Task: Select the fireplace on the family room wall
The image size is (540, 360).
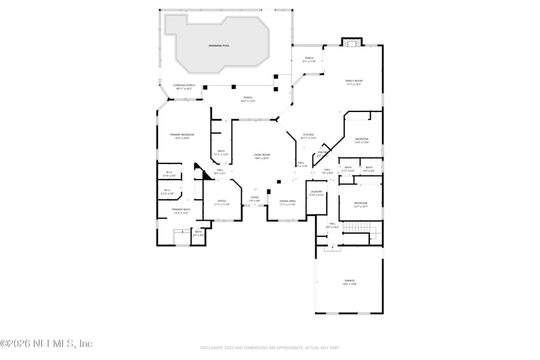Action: pos(350,44)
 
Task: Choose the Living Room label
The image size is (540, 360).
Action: pos(261,157)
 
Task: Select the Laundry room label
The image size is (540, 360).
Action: pos(317,192)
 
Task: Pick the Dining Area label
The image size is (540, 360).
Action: pos(288,202)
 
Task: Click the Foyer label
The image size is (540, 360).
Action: pos(254,199)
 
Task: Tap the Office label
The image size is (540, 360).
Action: pos(221,202)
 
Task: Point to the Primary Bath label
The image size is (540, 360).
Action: pos(182,211)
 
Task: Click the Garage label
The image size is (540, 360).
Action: pos(350,282)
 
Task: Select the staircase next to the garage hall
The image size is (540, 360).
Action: pos(359,234)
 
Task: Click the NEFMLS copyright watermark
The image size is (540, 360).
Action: pos(46,344)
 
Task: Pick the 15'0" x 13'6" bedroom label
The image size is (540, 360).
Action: pos(362,140)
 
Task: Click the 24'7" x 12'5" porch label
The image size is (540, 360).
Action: pos(248,99)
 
